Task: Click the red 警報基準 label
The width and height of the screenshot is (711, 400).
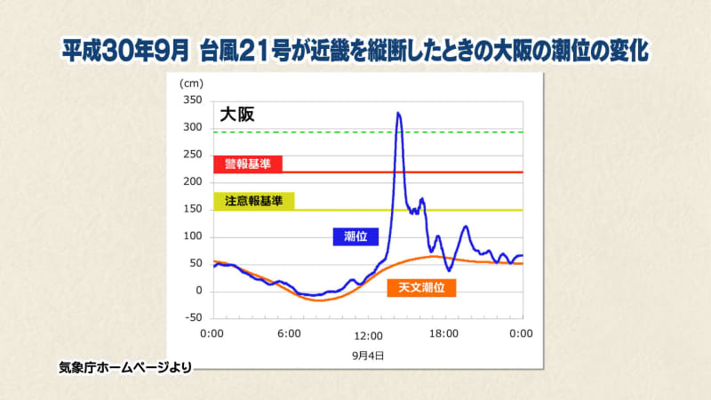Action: click(x=248, y=164)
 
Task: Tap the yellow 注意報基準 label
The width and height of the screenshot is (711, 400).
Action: click(x=254, y=201)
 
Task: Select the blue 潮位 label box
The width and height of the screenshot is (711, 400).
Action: click(x=355, y=236)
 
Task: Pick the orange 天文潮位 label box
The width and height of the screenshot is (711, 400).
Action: click(x=421, y=287)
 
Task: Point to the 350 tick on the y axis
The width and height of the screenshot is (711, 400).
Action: click(x=193, y=100)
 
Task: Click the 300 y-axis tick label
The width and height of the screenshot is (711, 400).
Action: click(x=193, y=127)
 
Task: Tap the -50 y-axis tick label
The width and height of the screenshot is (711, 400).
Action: click(x=193, y=317)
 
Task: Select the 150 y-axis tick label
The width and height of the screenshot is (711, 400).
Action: click(x=193, y=209)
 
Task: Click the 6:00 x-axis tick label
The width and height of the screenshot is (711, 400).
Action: click(x=290, y=334)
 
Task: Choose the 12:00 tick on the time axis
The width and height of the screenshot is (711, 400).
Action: click(x=368, y=336)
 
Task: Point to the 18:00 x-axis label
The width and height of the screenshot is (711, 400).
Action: click(x=443, y=334)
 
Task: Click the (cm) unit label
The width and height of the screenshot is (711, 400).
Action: click(x=191, y=84)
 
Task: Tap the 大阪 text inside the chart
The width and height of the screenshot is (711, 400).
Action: click(x=237, y=115)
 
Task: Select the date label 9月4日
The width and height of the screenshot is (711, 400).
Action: click(x=368, y=356)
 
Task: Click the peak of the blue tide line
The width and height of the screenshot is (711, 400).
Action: click(x=398, y=113)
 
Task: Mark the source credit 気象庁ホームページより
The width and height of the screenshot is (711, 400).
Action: click(x=125, y=367)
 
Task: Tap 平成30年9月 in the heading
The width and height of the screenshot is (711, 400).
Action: click(x=125, y=51)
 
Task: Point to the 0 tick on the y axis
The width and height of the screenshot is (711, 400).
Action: click(x=199, y=291)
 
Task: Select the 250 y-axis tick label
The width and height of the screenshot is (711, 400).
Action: click(x=193, y=155)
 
